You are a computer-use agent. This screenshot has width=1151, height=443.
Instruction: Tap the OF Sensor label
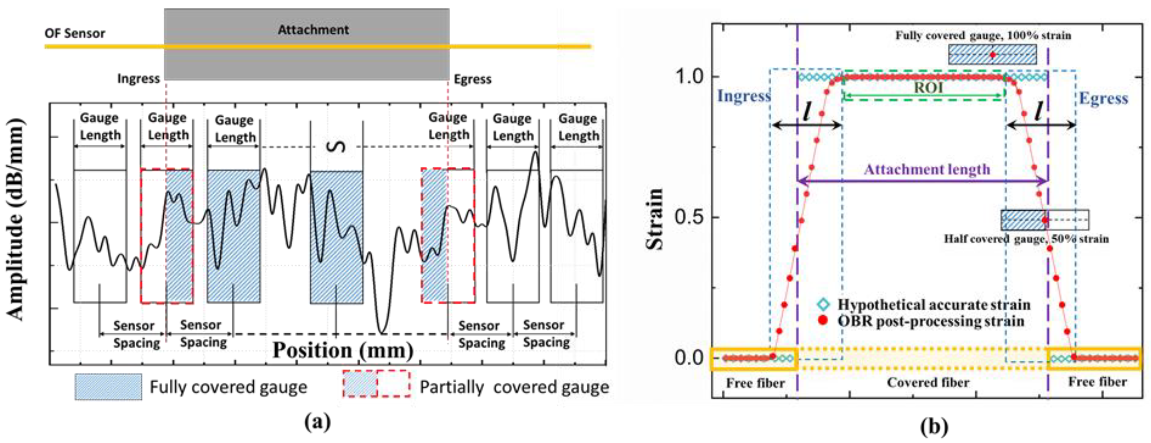(x=75, y=33)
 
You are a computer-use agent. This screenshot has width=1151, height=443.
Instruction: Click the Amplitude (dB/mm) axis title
(x=16, y=219)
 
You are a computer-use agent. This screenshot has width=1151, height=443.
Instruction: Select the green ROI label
(x=928, y=87)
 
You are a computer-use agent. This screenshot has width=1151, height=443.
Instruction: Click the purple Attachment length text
(x=927, y=170)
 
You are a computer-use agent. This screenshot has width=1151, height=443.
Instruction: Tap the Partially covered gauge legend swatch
(x=376, y=384)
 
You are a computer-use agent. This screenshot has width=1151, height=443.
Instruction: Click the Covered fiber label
(x=928, y=383)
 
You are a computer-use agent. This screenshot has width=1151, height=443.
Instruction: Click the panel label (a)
(x=318, y=422)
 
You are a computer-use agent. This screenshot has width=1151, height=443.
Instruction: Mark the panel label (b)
(x=934, y=426)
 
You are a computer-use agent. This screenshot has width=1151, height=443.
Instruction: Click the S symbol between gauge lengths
(x=339, y=147)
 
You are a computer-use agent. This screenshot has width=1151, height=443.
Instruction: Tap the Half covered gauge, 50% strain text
(x=1026, y=239)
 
